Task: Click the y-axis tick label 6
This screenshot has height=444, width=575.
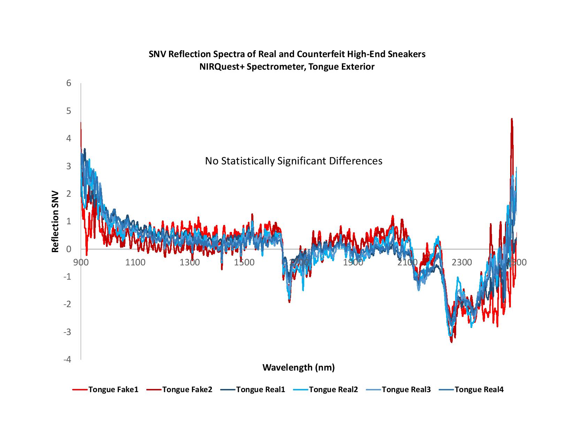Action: [69, 83]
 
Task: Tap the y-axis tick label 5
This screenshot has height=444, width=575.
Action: [69, 111]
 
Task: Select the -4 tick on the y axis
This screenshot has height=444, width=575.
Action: [67, 359]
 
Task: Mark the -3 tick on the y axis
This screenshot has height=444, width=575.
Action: [67, 332]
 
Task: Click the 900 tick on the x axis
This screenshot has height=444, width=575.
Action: [81, 262]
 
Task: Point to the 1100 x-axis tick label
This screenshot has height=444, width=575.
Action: [135, 262]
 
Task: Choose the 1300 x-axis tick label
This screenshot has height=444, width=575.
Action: [190, 262]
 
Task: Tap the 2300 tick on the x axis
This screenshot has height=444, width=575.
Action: [462, 262]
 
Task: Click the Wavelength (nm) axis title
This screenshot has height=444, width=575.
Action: [298, 367]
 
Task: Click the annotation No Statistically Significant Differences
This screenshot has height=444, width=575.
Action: [293, 161]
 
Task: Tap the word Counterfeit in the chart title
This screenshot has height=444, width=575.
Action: [319, 55]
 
